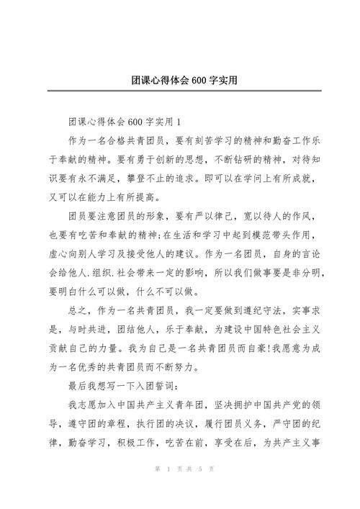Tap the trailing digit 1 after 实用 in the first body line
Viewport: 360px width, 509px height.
tap(179, 120)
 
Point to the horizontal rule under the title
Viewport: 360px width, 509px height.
tap(180, 91)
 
